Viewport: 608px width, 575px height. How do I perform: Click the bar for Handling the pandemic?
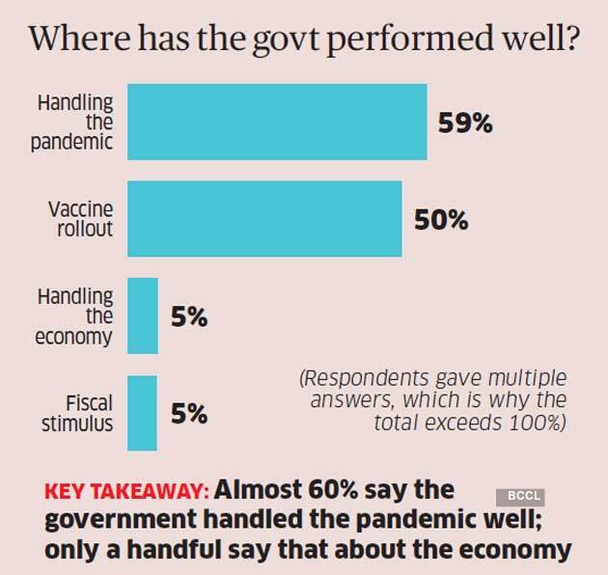[277, 122]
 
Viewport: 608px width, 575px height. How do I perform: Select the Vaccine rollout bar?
[264, 218]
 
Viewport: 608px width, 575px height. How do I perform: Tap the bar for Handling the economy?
[143, 315]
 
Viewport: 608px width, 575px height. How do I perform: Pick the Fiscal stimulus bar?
[143, 411]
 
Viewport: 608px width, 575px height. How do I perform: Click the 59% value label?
[465, 124]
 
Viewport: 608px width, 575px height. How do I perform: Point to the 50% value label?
[440, 221]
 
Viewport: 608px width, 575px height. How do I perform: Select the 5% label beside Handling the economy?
[189, 317]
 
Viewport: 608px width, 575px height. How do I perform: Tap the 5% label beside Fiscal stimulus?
[189, 414]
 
